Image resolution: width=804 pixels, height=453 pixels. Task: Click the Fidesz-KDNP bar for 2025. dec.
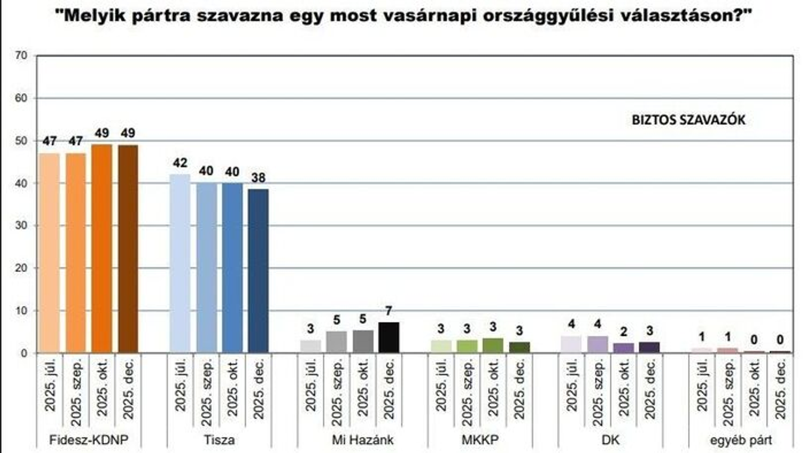coord(128,249)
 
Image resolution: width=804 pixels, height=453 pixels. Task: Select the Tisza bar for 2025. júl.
coord(180,263)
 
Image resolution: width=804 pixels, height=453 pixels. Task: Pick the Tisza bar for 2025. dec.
coord(258,271)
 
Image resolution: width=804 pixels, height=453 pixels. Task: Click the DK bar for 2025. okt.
coord(623,348)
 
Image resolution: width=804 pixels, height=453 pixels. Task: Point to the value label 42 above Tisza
coord(180,163)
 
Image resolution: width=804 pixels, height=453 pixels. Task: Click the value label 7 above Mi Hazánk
coord(389,311)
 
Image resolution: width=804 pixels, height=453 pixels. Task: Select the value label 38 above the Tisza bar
coord(258,178)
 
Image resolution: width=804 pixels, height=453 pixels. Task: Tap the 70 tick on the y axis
coord(22,56)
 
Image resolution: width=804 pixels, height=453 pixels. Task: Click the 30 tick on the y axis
coord(22,226)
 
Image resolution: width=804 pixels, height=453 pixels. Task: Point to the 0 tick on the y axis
coord(24,353)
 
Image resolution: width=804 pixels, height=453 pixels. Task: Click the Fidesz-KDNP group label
coord(88,440)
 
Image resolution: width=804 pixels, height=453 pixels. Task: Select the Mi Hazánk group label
coord(350,440)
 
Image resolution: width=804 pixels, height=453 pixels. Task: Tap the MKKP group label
coord(480,440)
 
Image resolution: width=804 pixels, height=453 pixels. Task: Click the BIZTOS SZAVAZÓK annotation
coord(689,120)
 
